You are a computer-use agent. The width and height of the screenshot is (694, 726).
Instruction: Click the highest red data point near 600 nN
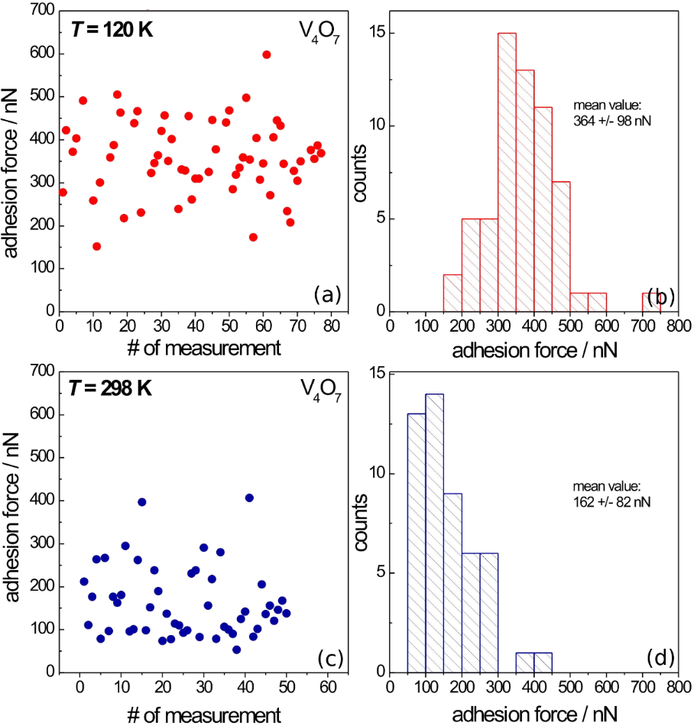click(266, 54)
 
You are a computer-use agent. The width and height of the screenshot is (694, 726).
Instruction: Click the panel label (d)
click(658, 656)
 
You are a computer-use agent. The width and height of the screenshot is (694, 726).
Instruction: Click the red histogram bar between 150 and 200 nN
click(452, 293)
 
